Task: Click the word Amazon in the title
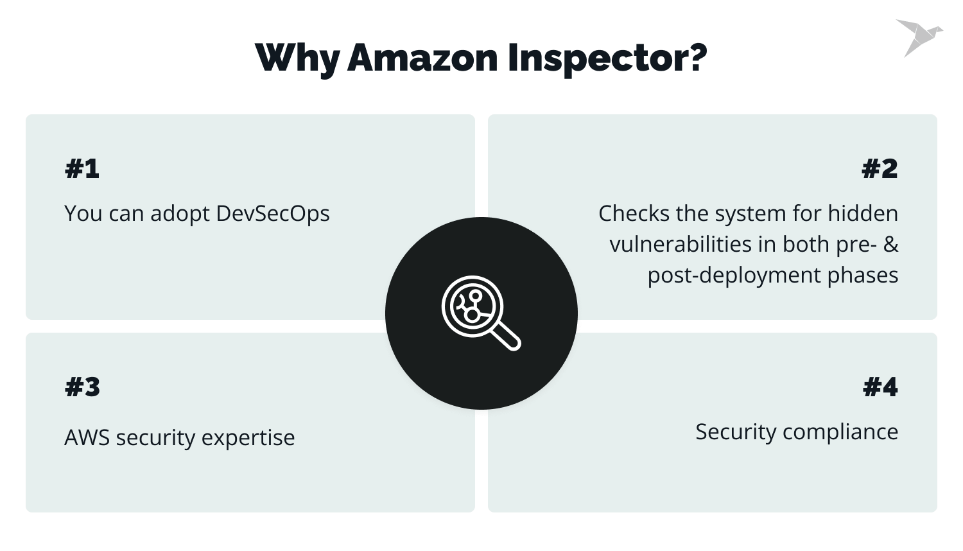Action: (422, 58)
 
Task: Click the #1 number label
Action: (82, 169)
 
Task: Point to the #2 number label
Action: (880, 169)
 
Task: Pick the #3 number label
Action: (83, 387)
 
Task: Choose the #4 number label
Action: (880, 387)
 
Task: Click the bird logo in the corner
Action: (919, 37)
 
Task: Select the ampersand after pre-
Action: (890, 245)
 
